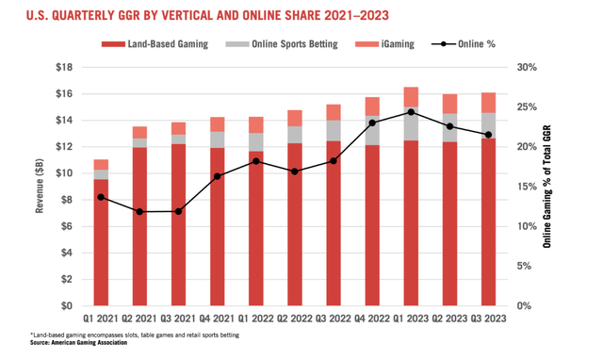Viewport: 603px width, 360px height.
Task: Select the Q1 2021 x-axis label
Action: point(101,319)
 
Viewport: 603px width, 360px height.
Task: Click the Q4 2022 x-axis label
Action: point(370,319)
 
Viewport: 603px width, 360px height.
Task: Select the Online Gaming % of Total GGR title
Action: point(549,187)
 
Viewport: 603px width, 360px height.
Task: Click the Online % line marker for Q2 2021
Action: point(139,212)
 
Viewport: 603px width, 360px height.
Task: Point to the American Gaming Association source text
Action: point(69,342)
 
